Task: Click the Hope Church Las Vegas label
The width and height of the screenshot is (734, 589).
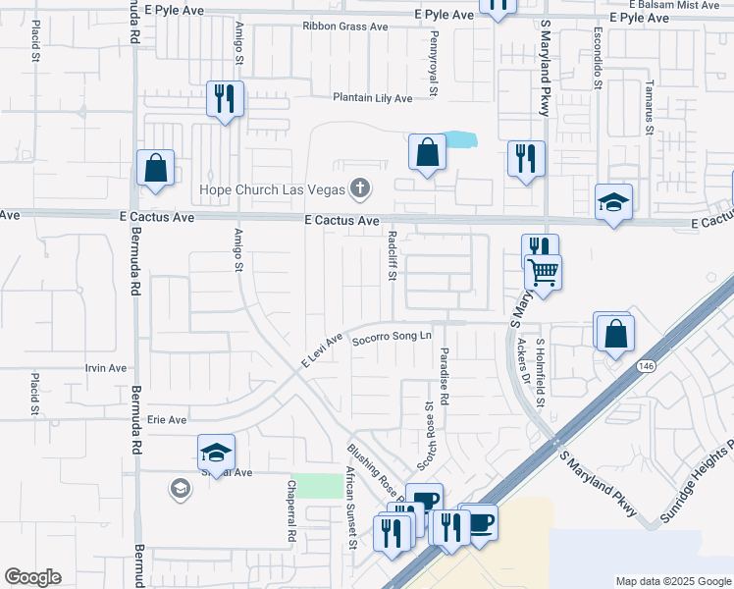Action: [272, 188]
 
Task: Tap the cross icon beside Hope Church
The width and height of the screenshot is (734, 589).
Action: [360, 187]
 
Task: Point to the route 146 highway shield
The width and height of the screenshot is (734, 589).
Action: [645, 365]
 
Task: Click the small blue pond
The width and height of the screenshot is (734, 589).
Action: [459, 139]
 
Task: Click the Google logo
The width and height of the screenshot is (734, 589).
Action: [32, 577]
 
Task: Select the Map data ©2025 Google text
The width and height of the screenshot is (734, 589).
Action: [673, 581]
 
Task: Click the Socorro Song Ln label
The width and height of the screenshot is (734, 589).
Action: [392, 337]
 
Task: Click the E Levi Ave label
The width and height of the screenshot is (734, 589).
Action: [321, 351]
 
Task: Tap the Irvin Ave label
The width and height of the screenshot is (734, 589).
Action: [106, 368]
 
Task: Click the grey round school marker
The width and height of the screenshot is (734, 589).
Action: [180, 488]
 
